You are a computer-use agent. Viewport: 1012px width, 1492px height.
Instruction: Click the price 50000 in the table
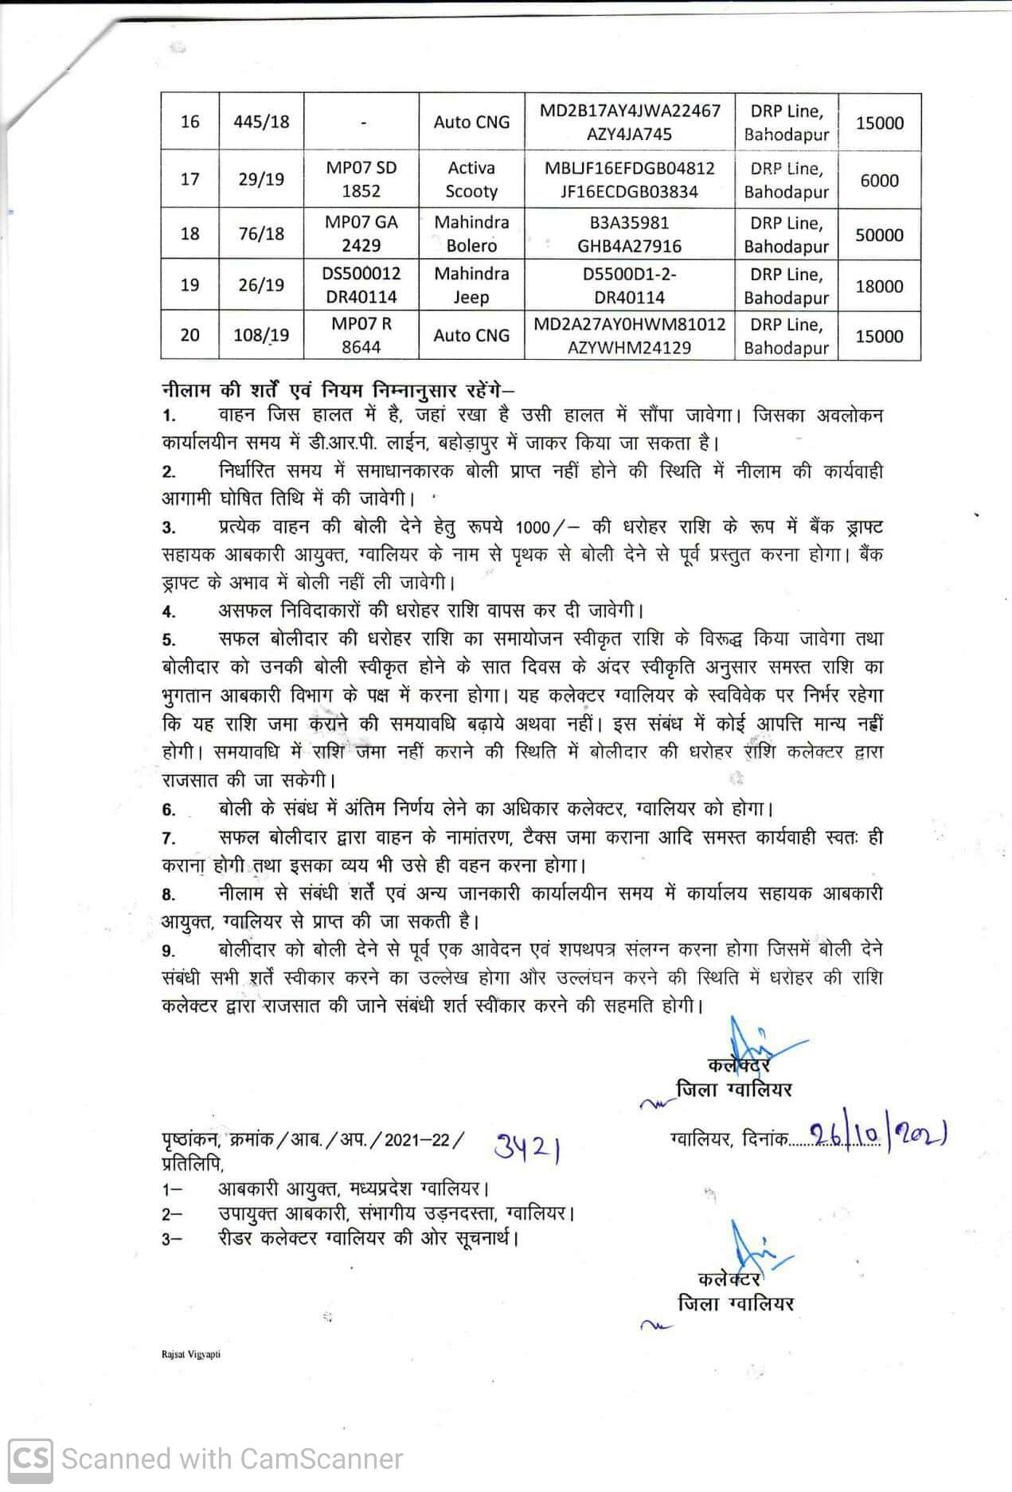coord(879,235)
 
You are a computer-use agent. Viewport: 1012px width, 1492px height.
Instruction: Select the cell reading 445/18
coord(261,122)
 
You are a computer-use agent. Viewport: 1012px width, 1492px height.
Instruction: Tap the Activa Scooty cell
coord(471,180)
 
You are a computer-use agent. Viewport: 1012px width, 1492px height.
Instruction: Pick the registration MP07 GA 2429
coord(361,233)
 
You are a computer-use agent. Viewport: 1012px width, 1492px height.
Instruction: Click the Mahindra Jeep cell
coord(471,285)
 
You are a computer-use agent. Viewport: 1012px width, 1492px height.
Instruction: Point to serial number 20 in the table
coord(190,335)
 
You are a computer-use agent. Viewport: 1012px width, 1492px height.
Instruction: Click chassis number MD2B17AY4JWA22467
coord(629,111)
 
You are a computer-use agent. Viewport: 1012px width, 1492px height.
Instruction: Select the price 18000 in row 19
coord(879,286)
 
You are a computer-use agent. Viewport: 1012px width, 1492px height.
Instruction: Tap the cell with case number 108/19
coord(261,335)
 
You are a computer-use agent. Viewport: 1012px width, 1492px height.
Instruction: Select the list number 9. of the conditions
coord(169,951)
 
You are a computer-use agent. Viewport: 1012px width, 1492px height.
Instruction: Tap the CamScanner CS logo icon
coord(30,1459)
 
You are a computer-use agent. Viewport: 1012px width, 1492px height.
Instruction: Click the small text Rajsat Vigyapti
coord(190,1354)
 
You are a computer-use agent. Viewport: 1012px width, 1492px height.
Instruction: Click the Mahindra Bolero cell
coord(471,233)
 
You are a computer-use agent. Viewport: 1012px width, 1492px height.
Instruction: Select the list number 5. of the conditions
coord(169,640)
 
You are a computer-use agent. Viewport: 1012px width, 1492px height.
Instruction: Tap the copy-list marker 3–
coord(172,1239)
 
